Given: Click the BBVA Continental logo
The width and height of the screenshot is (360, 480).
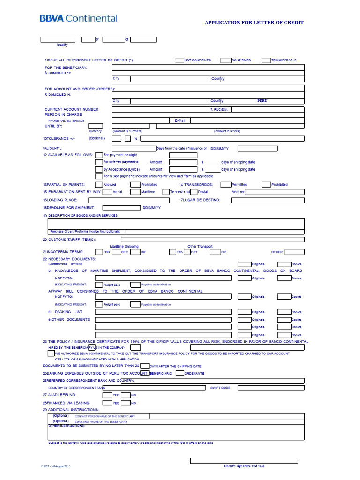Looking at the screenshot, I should click(78, 19).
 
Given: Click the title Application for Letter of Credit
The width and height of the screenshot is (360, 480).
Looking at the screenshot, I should click(254, 22).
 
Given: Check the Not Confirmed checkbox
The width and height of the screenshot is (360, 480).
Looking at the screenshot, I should click(180, 60).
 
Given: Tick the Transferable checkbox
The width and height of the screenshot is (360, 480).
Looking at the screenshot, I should click(266, 60).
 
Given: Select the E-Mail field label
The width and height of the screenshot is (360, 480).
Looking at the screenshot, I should click(180, 120).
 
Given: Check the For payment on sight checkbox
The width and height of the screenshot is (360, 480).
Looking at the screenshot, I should click(99, 155).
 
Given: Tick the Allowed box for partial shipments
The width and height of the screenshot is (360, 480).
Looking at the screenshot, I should click(99, 185).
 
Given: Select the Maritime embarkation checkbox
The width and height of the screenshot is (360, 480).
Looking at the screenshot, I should click(136, 192).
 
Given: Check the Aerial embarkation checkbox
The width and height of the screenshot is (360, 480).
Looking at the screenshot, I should click(107, 192).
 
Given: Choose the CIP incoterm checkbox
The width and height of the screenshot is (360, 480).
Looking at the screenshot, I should click(215, 252).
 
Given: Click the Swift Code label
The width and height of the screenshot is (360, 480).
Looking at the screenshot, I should click(220, 388).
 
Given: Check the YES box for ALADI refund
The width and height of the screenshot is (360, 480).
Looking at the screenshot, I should click(107, 395).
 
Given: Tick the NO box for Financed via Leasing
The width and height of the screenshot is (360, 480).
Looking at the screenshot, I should click(126, 403).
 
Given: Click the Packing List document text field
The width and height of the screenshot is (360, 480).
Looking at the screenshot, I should click(163, 312).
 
